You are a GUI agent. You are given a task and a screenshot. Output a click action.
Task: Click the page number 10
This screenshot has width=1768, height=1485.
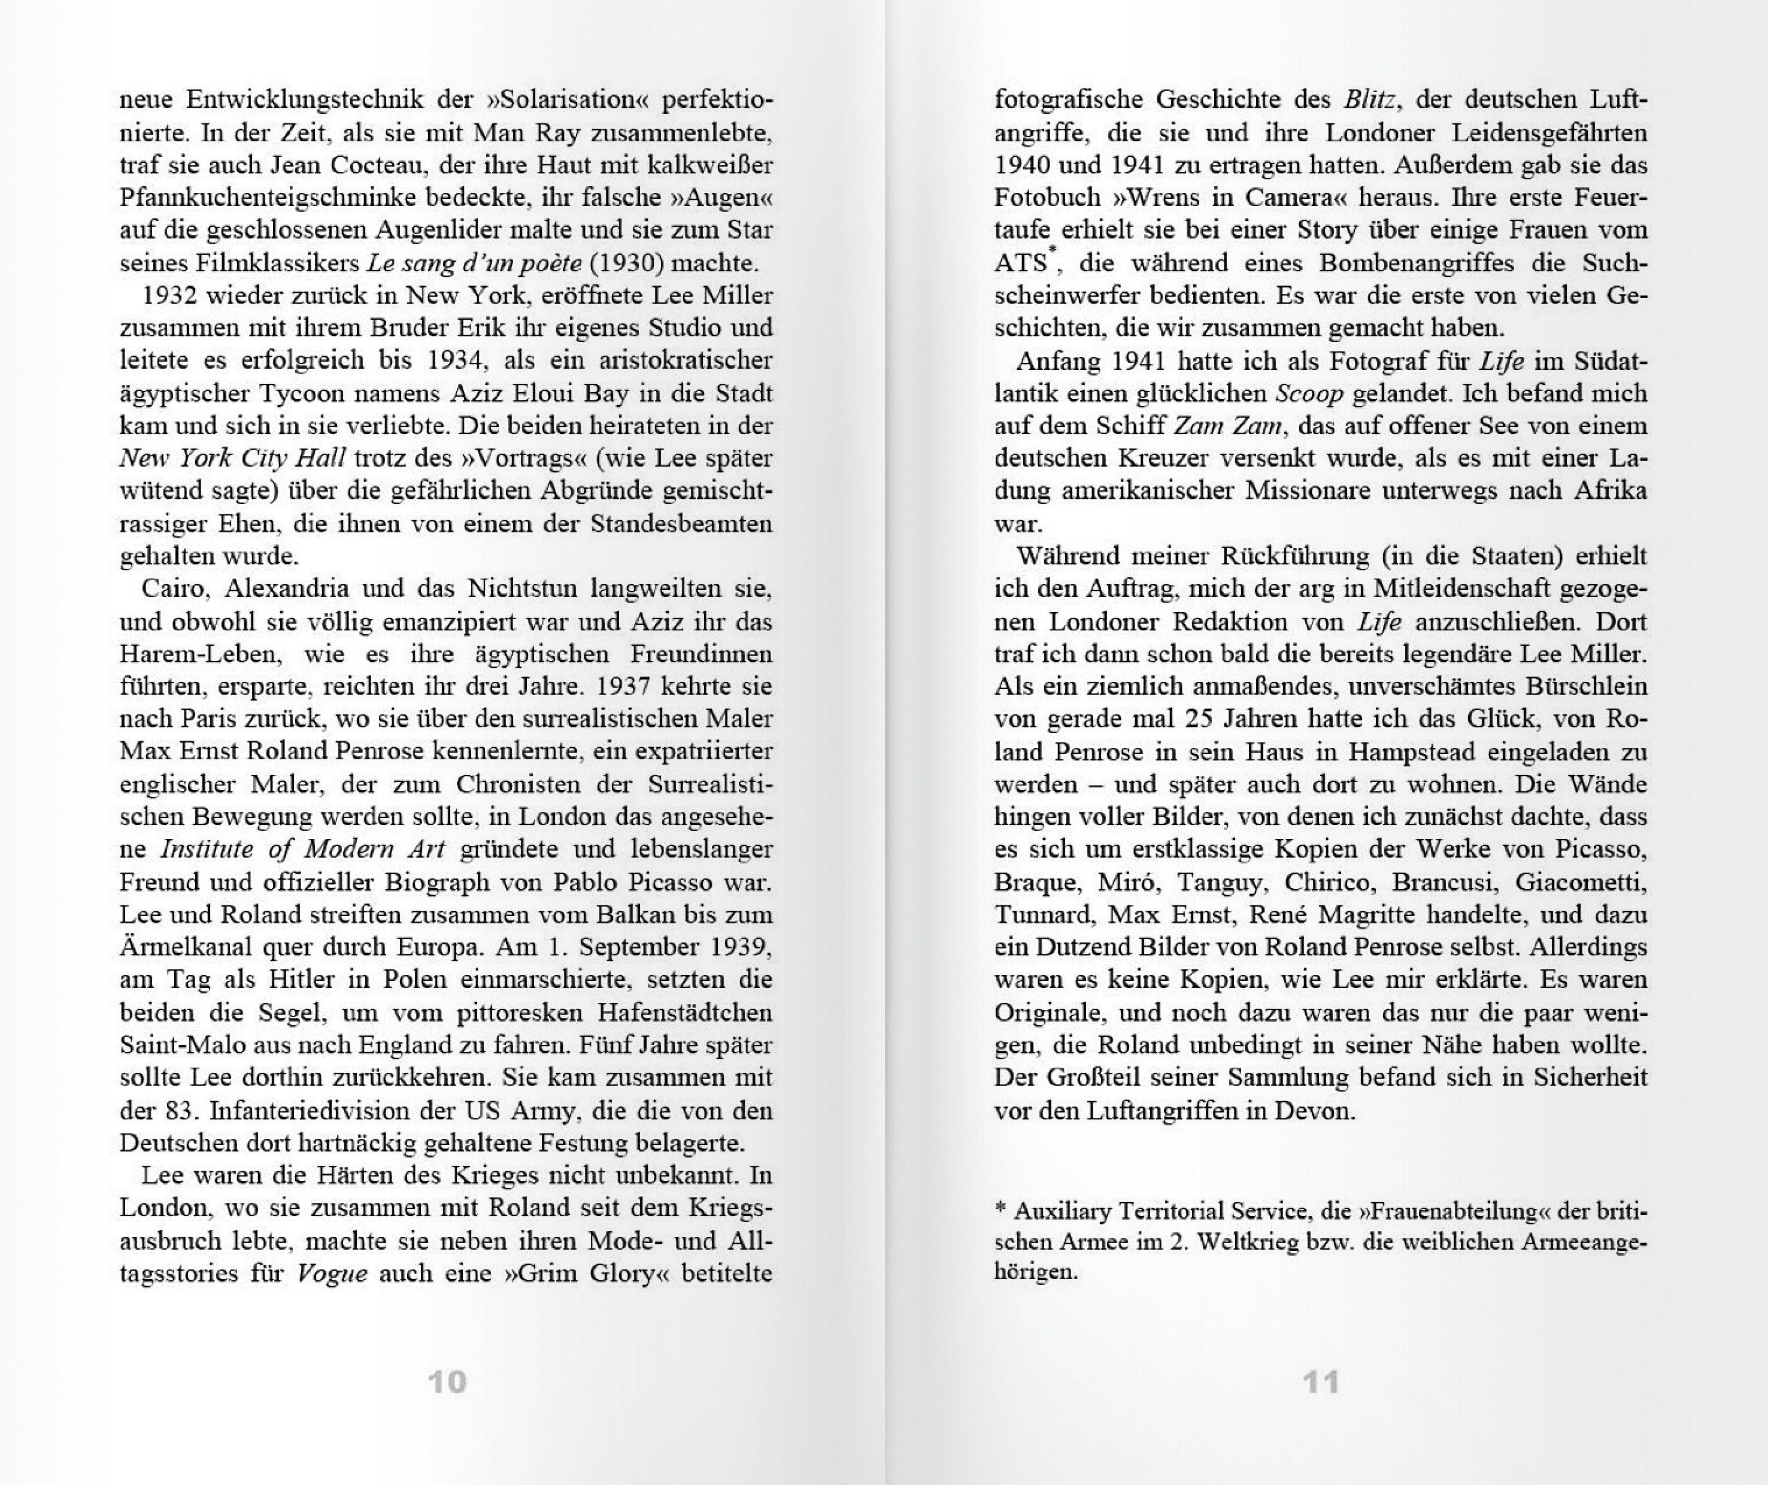click(447, 1381)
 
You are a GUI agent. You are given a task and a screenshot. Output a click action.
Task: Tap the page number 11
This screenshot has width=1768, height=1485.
click(1321, 1381)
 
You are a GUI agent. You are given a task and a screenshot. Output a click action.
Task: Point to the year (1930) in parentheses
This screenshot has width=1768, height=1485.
click(626, 263)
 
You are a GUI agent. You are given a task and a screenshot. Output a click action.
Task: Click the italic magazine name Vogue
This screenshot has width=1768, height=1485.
click(332, 1274)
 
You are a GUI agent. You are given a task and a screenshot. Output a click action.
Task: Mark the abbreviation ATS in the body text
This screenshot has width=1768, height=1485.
click(1020, 263)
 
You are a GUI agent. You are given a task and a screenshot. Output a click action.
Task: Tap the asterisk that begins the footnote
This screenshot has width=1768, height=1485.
click(1000, 1209)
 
